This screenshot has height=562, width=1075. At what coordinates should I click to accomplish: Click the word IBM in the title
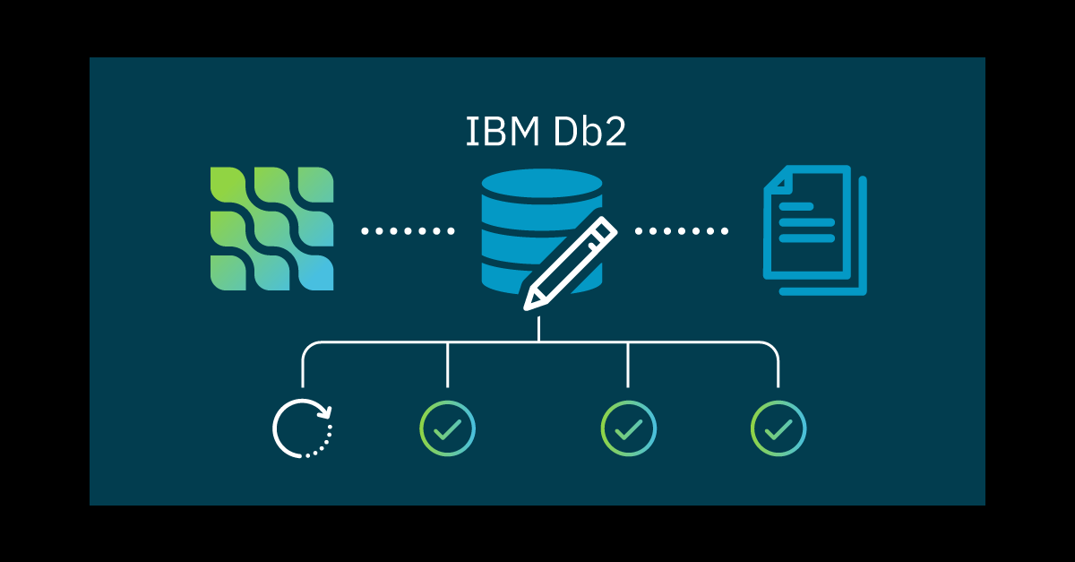(x=494, y=132)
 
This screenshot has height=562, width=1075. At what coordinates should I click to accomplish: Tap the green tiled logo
(x=271, y=229)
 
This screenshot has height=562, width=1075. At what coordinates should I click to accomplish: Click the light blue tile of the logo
(x=315, y=273)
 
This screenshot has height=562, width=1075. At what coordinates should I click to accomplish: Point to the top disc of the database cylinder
(x=541, y=185)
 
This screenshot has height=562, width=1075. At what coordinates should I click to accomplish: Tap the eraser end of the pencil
(x=606, y=226)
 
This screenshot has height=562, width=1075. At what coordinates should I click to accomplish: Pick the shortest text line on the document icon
(x=795, y=207)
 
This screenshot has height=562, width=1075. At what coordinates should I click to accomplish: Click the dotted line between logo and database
(x=408, y=231)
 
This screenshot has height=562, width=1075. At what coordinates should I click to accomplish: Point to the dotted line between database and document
(x=681, y=231)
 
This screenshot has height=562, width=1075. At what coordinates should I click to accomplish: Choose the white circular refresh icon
(x=303, y=428)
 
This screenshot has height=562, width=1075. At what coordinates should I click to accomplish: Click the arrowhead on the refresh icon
(x=326, y=412)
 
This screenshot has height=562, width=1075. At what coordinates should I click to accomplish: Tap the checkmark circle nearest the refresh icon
(x=447, y=428)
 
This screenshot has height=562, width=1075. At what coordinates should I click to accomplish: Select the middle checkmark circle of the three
(x=628, y=428)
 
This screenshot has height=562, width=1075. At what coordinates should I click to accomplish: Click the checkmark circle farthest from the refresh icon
(x=778, y=428)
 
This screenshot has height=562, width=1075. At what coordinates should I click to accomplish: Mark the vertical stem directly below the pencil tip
(x=538, y=327)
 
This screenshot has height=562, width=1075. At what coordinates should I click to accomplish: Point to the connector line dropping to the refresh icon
(x=303, y=367)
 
